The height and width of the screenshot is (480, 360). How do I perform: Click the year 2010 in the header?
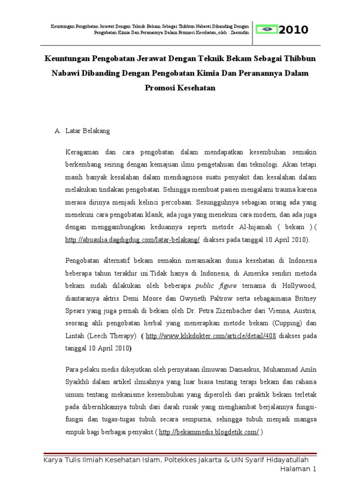pos(294,30)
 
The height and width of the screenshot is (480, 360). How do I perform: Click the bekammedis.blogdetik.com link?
pos(209,433)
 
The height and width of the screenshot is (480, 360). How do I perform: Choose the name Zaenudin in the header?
pos(242,33)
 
